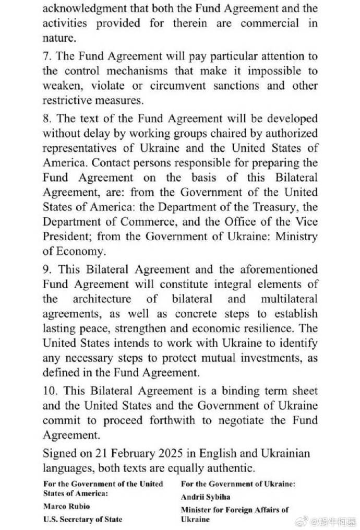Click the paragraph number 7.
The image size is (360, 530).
point(46,56)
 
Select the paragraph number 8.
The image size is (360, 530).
point(46,118)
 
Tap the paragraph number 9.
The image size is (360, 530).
point(46,269)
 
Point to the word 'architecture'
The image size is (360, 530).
point(102,299)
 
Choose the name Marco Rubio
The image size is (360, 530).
point(66,506)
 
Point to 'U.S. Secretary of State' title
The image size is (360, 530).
point(82,519)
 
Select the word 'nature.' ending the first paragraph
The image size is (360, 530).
point(59,38)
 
